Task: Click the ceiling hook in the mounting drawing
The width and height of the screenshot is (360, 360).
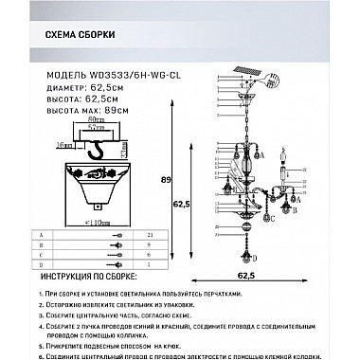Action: click(92, 151)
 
